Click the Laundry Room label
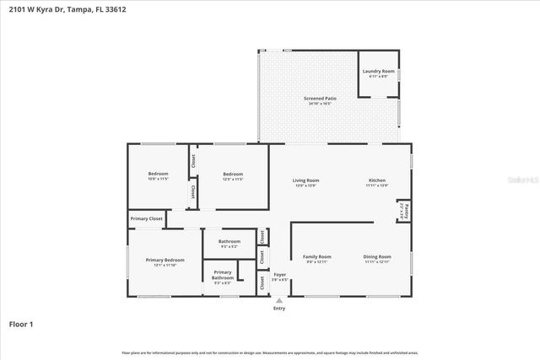coord(377,73)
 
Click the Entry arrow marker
coord(279,301)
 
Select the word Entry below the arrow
coord(279,309)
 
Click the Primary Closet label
coord(145,219)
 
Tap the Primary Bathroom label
coord(222,275)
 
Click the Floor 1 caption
coord(21,324)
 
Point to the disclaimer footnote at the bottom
coord(269,352)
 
